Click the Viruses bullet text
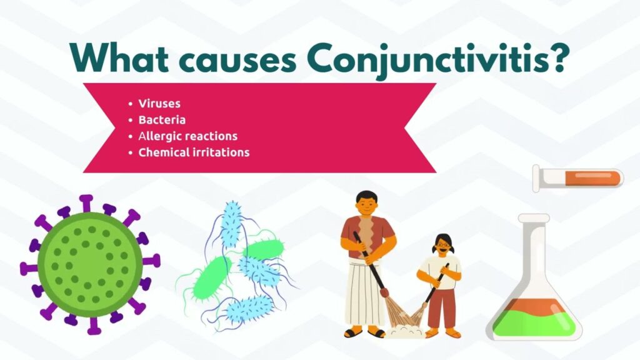[159, 104]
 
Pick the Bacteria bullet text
[162, 120]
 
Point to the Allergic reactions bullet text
[187, 136]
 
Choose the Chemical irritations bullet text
[194, 152]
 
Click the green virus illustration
[90, 264]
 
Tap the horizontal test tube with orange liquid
[578, 178]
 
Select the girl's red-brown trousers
[441, 308]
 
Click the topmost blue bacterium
[232, 224]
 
